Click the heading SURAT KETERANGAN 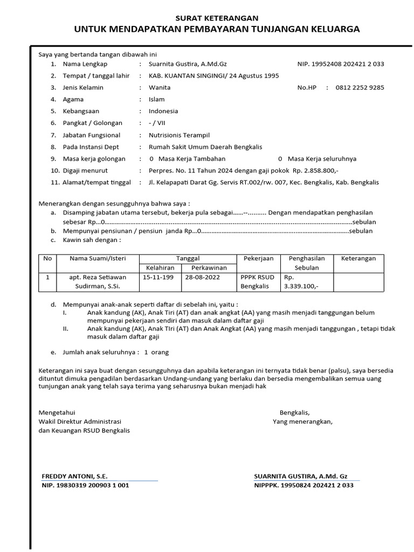217,18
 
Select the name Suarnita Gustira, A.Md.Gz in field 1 188,64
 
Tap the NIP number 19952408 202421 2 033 341,64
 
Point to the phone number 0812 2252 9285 360,87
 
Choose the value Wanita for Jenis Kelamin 160,87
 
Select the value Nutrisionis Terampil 179,135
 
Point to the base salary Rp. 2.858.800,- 315,170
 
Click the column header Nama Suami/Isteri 98,258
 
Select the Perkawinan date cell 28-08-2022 202,277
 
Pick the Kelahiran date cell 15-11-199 158,277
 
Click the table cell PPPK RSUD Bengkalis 257,281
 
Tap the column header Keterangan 358,258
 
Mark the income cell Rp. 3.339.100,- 301,281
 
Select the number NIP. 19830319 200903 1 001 85,485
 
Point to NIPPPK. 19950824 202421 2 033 303,485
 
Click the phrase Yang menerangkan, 302,422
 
